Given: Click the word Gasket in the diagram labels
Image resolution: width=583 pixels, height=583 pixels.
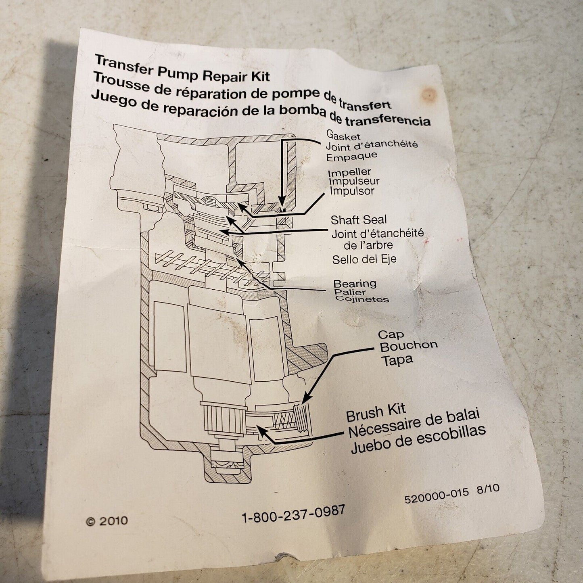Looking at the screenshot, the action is click(343, 135).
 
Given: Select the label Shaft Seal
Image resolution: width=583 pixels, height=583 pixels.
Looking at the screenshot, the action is click(359, 220).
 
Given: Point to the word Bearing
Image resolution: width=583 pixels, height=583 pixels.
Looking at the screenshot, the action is click(355, 284).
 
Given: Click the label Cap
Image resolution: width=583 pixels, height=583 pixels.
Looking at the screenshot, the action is click(391, 334).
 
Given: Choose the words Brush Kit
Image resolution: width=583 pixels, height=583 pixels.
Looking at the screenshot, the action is click(376, 413).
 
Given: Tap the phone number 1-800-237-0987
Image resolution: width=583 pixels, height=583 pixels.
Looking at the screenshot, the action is click(293, 514).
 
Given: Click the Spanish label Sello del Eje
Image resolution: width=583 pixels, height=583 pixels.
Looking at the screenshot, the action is click(364, 259).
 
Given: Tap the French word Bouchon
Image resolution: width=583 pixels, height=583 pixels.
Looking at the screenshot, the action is click(409, 346).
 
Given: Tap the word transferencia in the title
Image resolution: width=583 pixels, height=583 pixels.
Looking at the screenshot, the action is click(388, 120).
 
